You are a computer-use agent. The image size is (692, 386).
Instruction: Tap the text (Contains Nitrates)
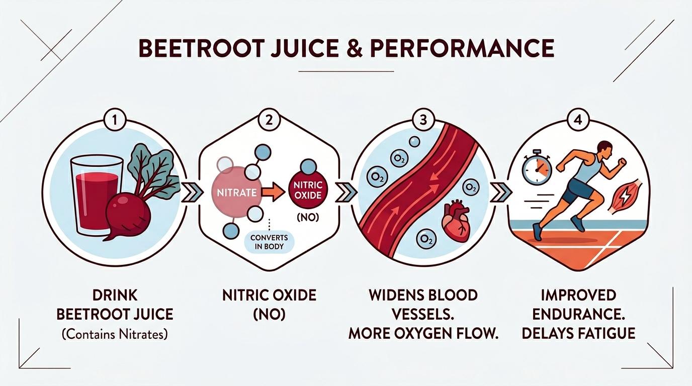point(115,334)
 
